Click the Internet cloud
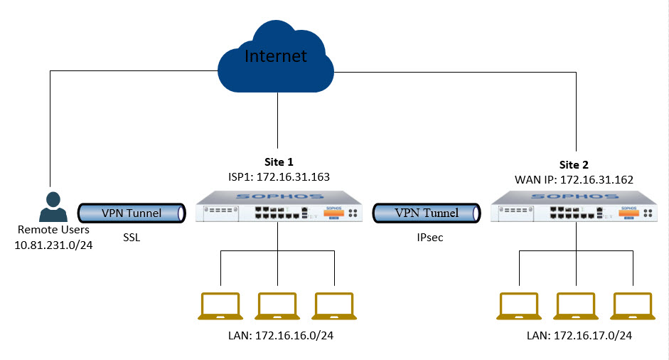(276, 57)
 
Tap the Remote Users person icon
(53, 207)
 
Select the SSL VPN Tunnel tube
(132, 213)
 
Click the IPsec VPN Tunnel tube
(427, 213)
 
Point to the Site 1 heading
(279, 162)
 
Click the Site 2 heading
(574, 165)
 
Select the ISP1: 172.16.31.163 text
(279, 176)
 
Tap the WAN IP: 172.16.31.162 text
(574, 180)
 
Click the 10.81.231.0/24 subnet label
(53, 245)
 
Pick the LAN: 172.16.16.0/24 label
(281, 336)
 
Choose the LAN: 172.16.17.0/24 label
(579, 336)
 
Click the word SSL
(132, 238)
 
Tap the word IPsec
(430, 238)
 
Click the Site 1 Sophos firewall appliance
(279, 207)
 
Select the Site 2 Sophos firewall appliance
(574, 207)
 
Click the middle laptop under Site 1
(277, 306)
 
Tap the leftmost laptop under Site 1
(220, 306)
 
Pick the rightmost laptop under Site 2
(633, 306)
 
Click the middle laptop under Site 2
(576, 306)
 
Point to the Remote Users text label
(53, 230)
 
